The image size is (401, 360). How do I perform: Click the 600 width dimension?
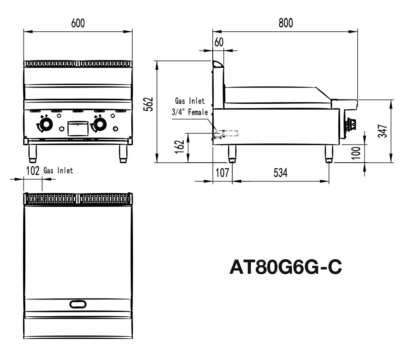tap(78, 24)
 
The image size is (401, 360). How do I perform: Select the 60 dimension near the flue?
tap(219, 42)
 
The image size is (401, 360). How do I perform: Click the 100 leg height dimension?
tap(356, 152)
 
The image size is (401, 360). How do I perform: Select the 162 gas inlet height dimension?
tap(181, 145)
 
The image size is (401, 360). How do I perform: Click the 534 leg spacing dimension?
tap(280, 173)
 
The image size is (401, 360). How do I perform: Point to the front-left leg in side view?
tap(232, 154)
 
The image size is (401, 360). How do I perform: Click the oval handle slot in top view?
tap(78, 304)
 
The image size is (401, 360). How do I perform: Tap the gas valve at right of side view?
tap(352, 124)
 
